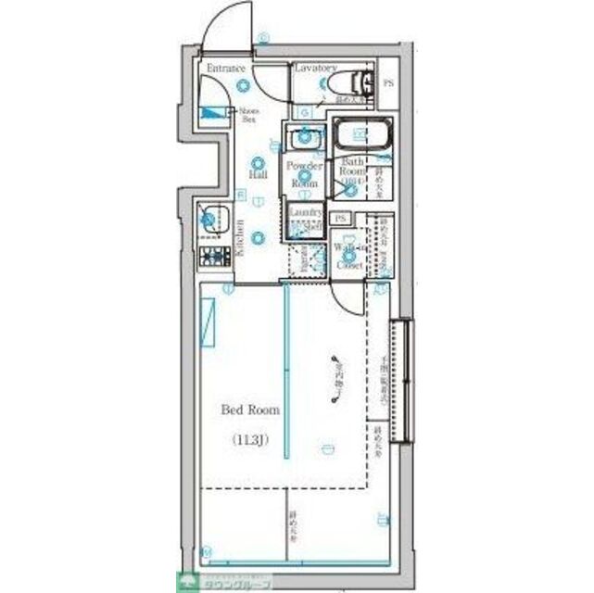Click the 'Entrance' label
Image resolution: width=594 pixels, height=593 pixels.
click(x=225, y=69)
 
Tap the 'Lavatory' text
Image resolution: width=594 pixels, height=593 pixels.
click(x=315, y=69)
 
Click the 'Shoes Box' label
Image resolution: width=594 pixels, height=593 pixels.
click(x=249, y=115)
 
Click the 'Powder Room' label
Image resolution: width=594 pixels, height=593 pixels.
click(x=304, y=174)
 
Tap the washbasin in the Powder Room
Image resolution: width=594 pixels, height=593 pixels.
click(x=305, y=140)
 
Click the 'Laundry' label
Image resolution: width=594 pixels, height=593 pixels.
click(x=305, y=213)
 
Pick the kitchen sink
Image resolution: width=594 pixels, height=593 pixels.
click(x=212, y=220)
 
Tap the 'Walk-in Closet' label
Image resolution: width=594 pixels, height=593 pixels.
click(x=348, y=257)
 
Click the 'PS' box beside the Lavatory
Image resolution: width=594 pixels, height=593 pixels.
click(x=387, y=83)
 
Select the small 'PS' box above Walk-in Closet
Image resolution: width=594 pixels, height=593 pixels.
click(x=341, y=219)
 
